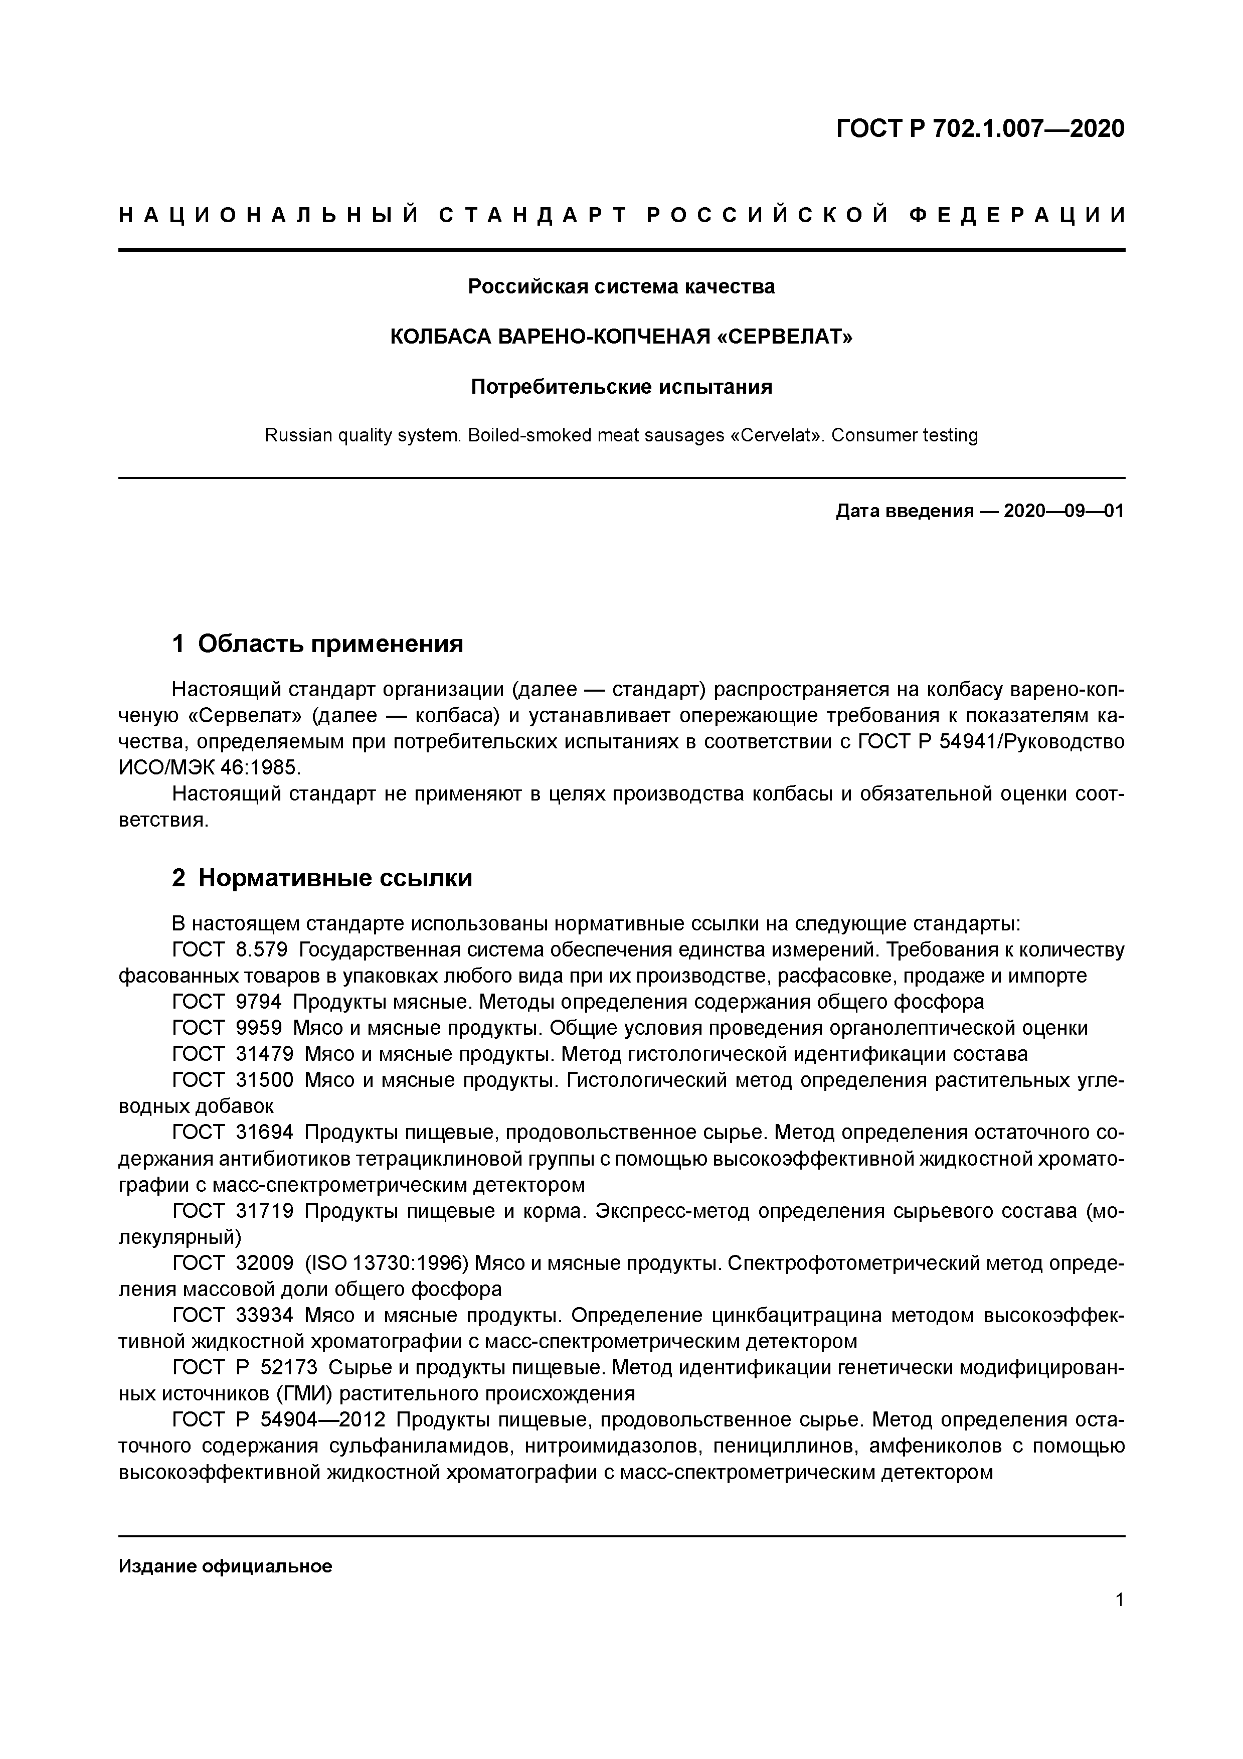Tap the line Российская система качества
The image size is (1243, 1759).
(621, 286)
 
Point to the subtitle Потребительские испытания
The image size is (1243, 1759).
(621, 387)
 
